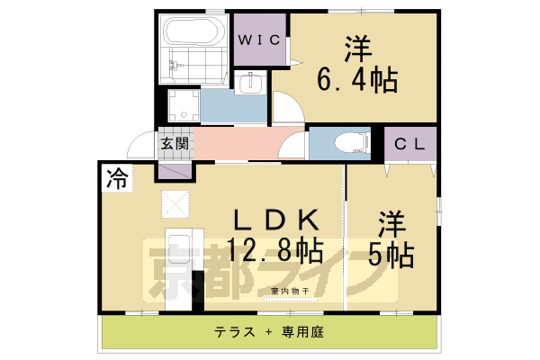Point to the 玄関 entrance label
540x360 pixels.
point(175,143)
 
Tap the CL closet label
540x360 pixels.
point(409,143)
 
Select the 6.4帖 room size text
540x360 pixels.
point(355,82)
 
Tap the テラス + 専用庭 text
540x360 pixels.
point(268,331)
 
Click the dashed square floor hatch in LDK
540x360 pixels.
point(175,204)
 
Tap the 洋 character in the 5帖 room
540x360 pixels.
point(390,221)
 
